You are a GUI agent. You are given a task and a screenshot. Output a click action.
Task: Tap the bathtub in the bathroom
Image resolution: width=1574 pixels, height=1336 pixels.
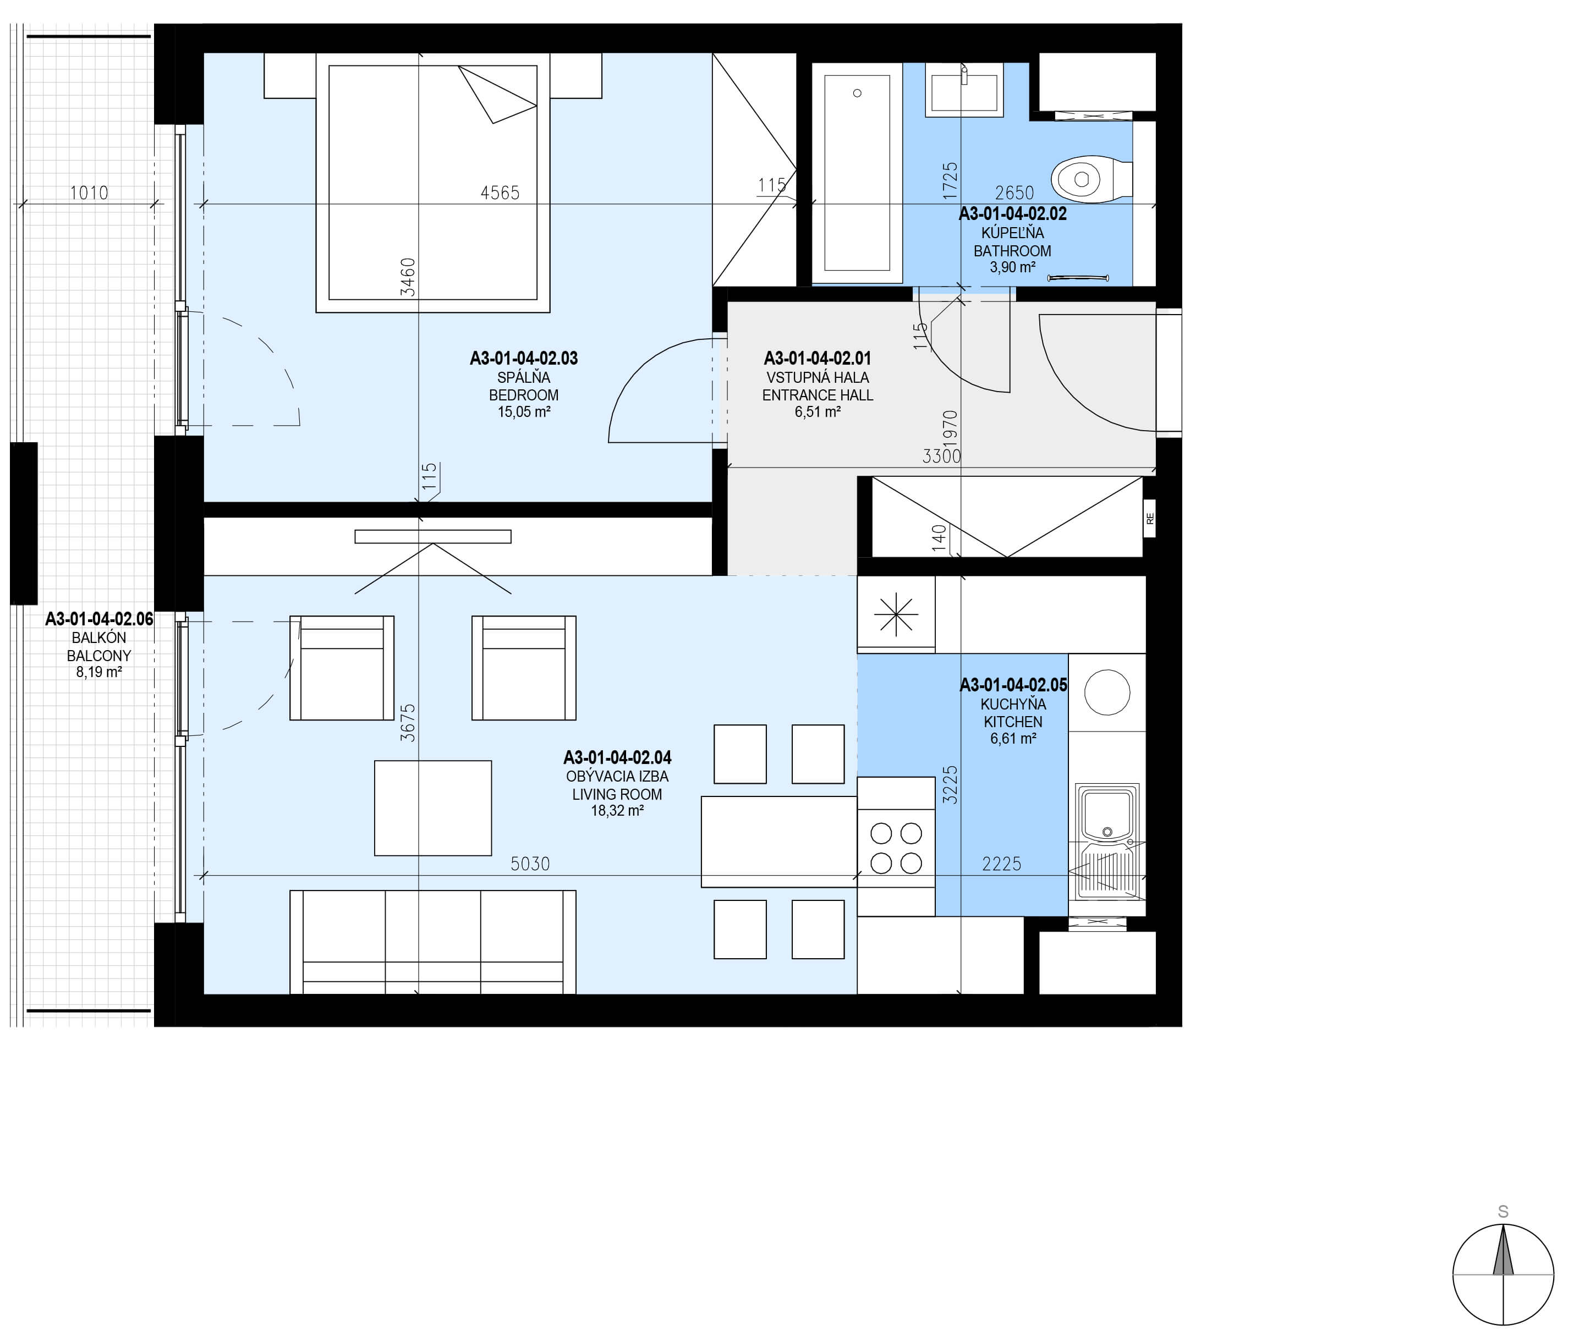click(857, 173)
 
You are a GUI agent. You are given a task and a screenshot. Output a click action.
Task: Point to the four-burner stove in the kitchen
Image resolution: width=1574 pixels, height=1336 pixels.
click(896, 846)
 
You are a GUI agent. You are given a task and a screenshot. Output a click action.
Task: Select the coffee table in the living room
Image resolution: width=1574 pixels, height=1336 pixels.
click(432, 808)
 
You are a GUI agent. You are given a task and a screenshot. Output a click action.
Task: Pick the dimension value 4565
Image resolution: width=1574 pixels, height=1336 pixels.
click(500, 193)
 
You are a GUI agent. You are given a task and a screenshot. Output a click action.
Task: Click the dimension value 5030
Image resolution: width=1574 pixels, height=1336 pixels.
click(530, 864)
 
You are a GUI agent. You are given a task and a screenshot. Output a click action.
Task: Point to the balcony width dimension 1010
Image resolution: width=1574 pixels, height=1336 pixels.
click(89, 193)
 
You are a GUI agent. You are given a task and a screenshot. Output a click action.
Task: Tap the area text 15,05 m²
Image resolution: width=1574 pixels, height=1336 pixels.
click(523, 412)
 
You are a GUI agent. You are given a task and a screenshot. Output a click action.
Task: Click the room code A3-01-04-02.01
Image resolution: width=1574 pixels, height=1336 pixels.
click(818, 358)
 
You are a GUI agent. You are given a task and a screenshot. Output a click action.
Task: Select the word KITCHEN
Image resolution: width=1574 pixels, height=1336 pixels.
click(1013, 722)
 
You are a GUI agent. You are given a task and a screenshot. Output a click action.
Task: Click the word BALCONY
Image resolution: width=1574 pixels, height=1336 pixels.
click(99, 656)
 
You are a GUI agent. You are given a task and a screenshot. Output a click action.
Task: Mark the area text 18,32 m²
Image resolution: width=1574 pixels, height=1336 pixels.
click(617, 810)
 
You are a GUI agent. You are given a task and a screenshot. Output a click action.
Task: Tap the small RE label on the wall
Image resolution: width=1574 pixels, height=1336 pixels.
click(1150, 519)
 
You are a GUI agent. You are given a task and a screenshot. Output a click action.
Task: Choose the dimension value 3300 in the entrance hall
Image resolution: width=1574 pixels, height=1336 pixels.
click(941, 456)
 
